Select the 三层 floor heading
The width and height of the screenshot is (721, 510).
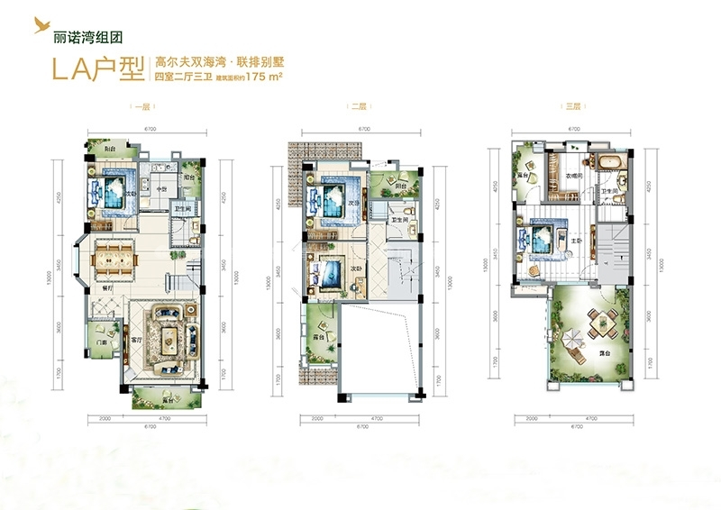pos(572,107)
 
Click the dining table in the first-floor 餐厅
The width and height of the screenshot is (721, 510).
pos(113,258)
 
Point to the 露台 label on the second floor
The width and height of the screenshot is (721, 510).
pos(318,335)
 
